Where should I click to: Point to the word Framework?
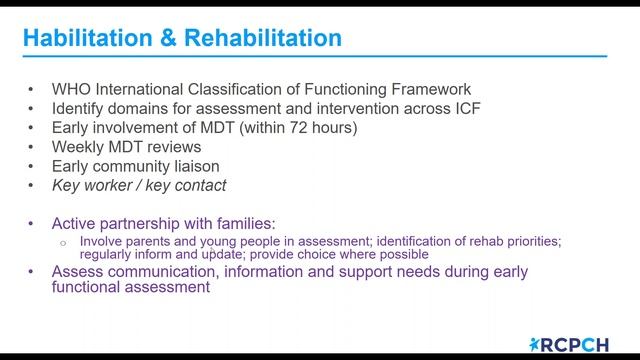(x=429, y=89)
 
